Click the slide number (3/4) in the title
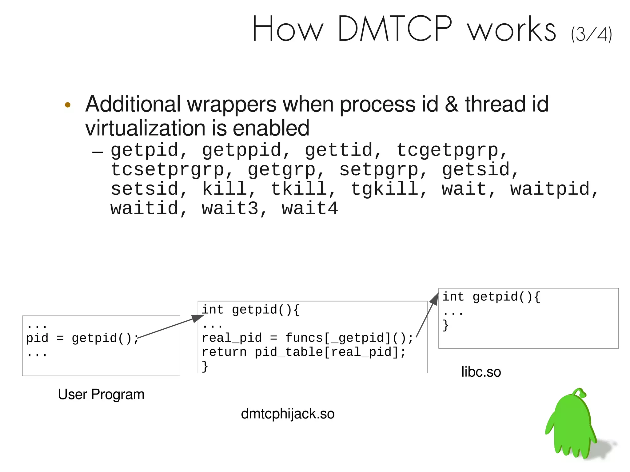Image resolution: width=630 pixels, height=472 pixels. click(591, 34)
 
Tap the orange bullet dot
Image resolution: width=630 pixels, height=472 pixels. click(68, 105)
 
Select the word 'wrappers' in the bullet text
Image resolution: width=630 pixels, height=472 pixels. click(232, 105)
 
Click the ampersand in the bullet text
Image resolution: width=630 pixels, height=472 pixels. click(451, 105)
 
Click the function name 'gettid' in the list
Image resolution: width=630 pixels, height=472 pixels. click(339, 150)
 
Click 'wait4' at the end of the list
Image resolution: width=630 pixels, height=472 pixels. click(310, 208)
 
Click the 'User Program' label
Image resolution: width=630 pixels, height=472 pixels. click(101, 395)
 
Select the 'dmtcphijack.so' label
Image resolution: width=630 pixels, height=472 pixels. click(288, 414)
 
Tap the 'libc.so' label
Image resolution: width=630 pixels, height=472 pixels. click(481, 372)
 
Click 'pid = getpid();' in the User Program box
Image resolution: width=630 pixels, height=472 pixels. click(82, 338)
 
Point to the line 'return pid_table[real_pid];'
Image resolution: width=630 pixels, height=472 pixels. click(304, 352)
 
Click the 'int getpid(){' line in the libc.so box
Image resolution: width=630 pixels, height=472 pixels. click(491, 297)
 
